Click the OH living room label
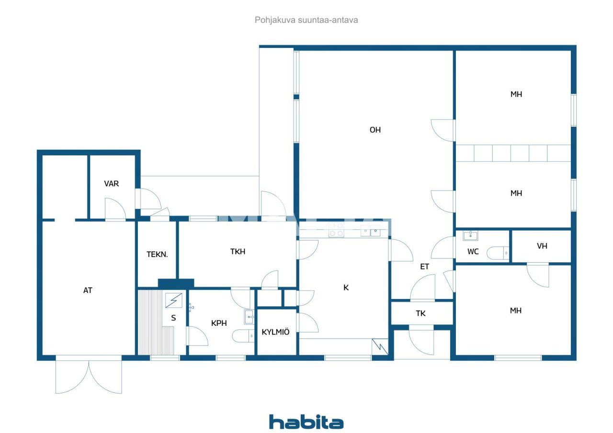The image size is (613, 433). point(375,130)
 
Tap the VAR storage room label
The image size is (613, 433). point(112,184)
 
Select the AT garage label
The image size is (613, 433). point(88,290)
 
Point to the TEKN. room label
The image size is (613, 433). point(157,255)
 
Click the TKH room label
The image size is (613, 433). point(238,252)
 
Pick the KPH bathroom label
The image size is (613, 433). point(219,323)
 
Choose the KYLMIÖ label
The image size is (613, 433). point(275,332)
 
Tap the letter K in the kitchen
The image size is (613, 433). point(346,288)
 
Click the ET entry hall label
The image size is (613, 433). point(424,266)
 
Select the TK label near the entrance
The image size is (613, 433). point(420,313)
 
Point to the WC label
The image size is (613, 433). point(473,252)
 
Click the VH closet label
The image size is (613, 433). point(542,246)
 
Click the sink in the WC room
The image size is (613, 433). point(471,235)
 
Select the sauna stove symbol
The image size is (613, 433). point(173,300)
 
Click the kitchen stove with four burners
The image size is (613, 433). point(336,230)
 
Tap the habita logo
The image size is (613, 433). point(306,422)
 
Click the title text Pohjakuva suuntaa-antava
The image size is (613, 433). point(306,20)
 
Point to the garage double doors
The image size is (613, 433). point(89,376)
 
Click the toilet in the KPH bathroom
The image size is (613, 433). point(243,336)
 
